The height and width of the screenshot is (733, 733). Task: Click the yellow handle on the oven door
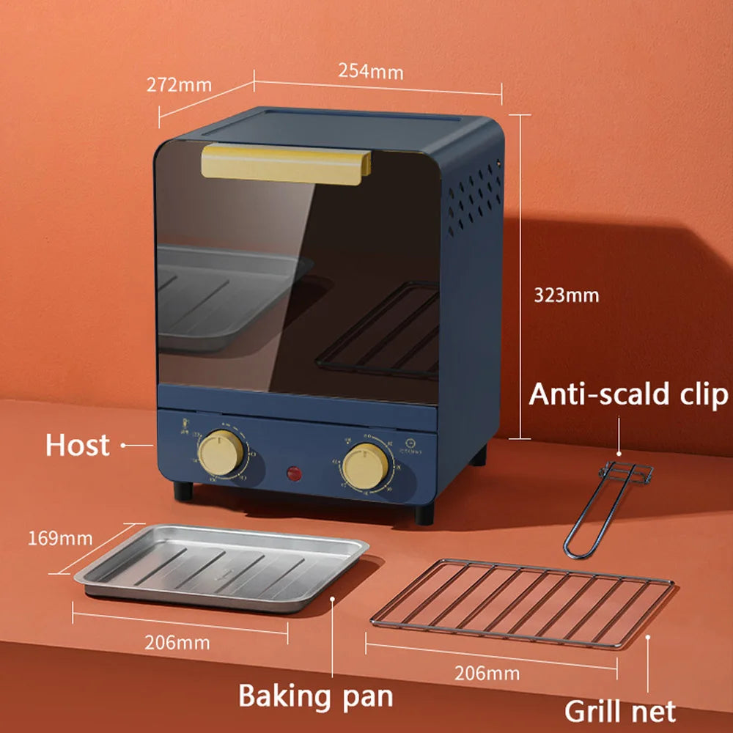286,163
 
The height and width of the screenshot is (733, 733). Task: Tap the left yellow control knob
221,452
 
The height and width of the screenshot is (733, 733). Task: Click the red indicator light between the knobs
294,474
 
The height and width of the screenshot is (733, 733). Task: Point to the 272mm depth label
179,84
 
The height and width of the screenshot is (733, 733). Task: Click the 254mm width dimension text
370,71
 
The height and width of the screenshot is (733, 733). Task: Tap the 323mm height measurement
566,295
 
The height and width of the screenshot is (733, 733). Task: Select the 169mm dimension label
60,539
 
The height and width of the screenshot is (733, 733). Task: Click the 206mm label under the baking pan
177,643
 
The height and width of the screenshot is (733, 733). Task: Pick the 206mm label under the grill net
487,673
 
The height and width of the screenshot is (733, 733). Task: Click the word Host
77,445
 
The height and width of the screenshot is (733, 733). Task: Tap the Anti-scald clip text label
628,394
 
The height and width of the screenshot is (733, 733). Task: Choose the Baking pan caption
315,696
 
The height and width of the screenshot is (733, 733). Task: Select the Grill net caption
619,710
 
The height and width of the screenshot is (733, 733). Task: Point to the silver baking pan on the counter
220,564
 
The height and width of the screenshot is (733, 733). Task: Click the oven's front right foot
424,513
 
